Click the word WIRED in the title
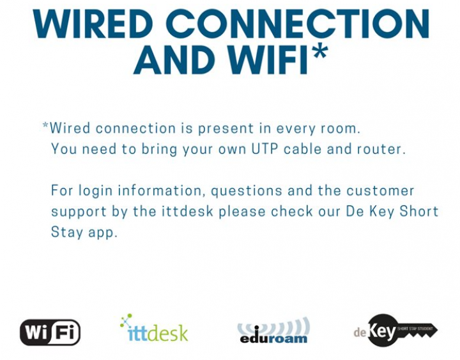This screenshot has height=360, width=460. click(x=93, y=24)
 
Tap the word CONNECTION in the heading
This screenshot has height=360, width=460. click(x=299, y=24)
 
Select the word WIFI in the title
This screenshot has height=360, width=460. click(x=268, y=59)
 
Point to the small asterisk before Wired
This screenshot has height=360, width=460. click(x=45, y=125)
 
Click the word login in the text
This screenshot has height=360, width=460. click(x=95, y=191)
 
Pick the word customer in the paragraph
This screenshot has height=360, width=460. click(x=380, y=191)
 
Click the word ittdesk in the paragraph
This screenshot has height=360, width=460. click(x=187, y=212)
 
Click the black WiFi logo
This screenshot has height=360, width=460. click(x=50, y=333)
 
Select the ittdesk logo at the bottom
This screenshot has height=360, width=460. click(x=154, y=327)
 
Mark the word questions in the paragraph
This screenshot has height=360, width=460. click(x=247, y=191)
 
